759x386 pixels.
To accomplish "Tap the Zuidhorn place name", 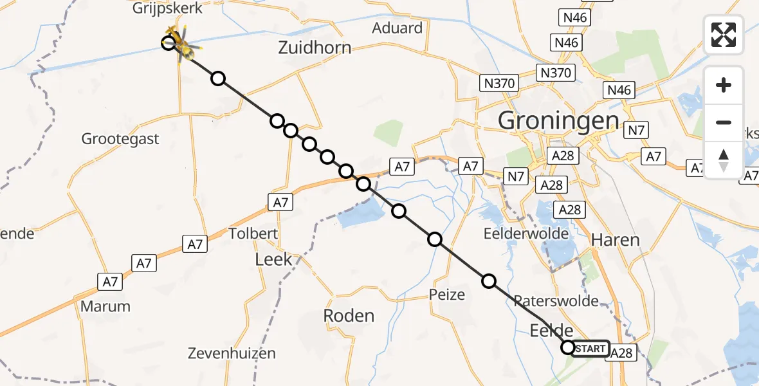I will [x=315, y=48].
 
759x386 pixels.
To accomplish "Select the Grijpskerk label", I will [x=167, y=9].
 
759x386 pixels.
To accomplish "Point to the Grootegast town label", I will [x=120, y=139].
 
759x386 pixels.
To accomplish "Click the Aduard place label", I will [x=397, y=28].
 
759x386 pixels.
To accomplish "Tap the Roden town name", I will [x=349, y=316].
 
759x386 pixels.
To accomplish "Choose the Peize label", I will [x=447, y=295].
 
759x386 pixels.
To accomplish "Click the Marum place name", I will [x=105, y=306].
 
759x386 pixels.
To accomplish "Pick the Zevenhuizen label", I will [x=232, y=353].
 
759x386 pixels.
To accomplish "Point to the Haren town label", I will [x=615, y=241].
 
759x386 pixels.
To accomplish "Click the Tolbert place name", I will [x=253, y=233].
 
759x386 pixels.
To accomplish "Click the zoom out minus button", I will [x=724, y=122].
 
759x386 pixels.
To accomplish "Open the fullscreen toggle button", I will [x=724, y=35].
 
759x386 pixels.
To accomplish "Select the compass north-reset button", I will [x=724, y=160].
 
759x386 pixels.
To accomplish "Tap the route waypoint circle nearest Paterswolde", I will [x=489, y=281].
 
